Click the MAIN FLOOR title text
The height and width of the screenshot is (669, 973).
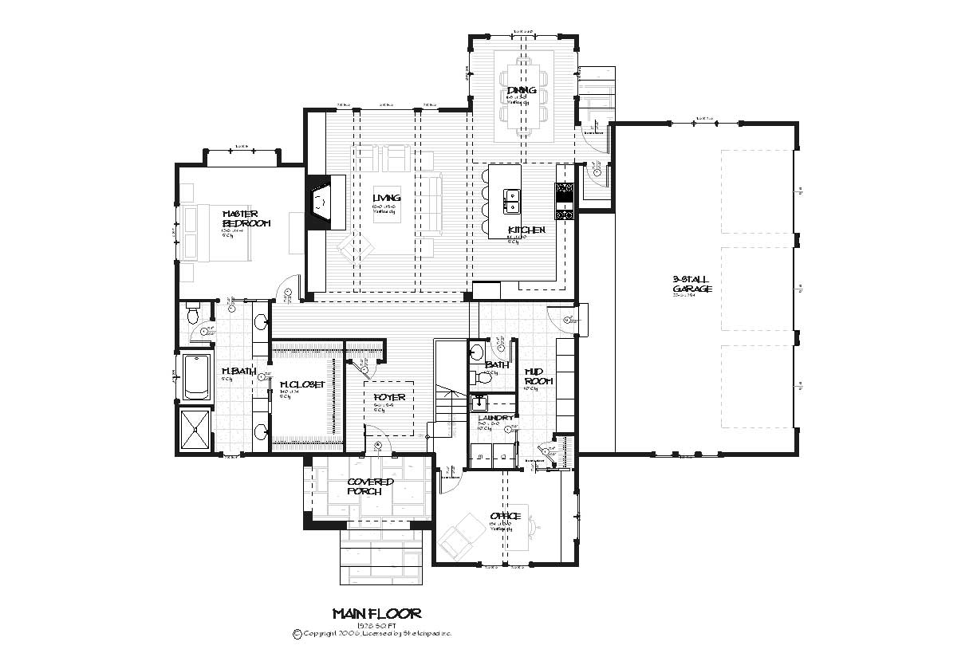(376, 613)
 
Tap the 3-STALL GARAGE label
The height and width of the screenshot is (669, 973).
(691, 284)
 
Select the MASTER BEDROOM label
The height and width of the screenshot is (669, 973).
(246, 218)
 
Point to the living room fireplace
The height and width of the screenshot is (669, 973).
(321, 203)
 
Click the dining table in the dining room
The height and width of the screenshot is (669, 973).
(524, 95)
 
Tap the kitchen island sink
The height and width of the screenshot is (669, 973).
(510, 200)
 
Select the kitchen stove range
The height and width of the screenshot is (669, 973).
(565, 201)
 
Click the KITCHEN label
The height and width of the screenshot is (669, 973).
(526, 230)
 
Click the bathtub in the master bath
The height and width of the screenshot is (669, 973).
(195, 378)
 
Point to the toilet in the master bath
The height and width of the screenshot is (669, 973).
(192, 316)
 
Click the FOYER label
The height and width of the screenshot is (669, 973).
(389, 397)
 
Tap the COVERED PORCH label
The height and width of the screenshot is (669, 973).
(369, 486)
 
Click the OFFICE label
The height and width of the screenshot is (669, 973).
(505, 516)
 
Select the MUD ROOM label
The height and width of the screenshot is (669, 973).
(534, 376)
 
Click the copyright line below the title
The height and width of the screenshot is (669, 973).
(373, 633)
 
